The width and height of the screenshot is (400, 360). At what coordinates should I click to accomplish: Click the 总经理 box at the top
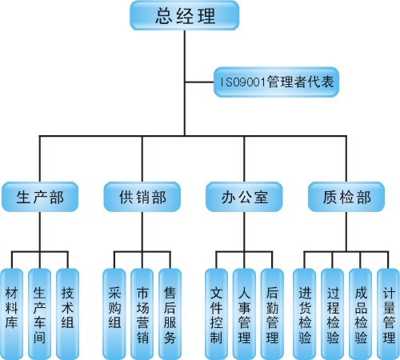(x=185, y=15)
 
